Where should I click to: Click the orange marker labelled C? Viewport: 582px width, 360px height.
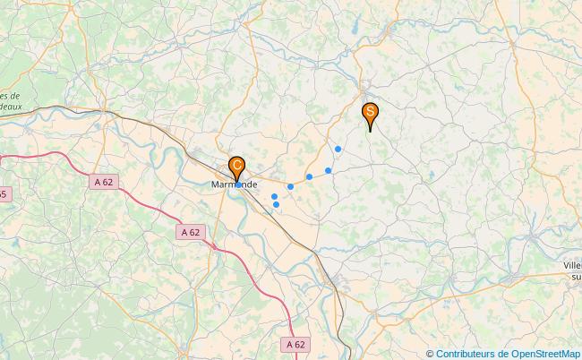click(236, 167)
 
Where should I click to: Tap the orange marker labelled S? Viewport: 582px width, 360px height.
click(370, 114)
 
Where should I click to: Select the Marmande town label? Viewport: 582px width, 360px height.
click(234, 184)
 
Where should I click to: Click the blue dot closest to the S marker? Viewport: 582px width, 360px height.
click(338, 149)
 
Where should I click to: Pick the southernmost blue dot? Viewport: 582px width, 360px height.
click(276, 205)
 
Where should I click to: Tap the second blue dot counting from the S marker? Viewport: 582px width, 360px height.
click(329, 170)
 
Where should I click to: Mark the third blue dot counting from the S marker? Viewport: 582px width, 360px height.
click(309, 176)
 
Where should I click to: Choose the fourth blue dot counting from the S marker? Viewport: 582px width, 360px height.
click(290, 186)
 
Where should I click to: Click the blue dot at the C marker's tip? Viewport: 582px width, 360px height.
click(237, 184)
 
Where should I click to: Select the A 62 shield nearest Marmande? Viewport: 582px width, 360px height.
click(190, 232)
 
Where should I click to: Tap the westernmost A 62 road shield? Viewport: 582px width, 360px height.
click(103, 182)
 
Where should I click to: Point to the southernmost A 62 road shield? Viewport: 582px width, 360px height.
click(295, 344)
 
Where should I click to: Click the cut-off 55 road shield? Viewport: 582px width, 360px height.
click(4, 194)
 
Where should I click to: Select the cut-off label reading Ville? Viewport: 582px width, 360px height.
click(571, 266)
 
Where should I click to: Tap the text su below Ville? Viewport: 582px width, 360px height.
click(575, 278)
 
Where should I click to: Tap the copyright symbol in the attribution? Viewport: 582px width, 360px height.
click(430, 353)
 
